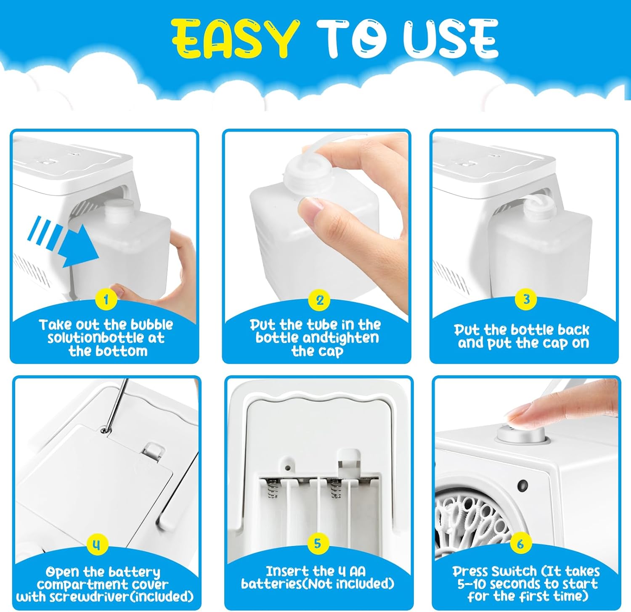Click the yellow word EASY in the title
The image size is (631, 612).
tap(235, 38)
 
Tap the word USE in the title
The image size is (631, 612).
tap(450, 38)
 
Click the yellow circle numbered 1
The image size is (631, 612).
tap(106, 300)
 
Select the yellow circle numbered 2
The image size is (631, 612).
tap(320, 300)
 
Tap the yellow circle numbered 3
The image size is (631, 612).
tap(526, 299)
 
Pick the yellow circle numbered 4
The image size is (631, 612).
tap(97, 545)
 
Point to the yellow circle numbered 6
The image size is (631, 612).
tap(521, 544)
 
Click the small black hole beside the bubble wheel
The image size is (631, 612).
tap(523, 486)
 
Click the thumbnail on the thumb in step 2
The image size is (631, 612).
tap(312, 207)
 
